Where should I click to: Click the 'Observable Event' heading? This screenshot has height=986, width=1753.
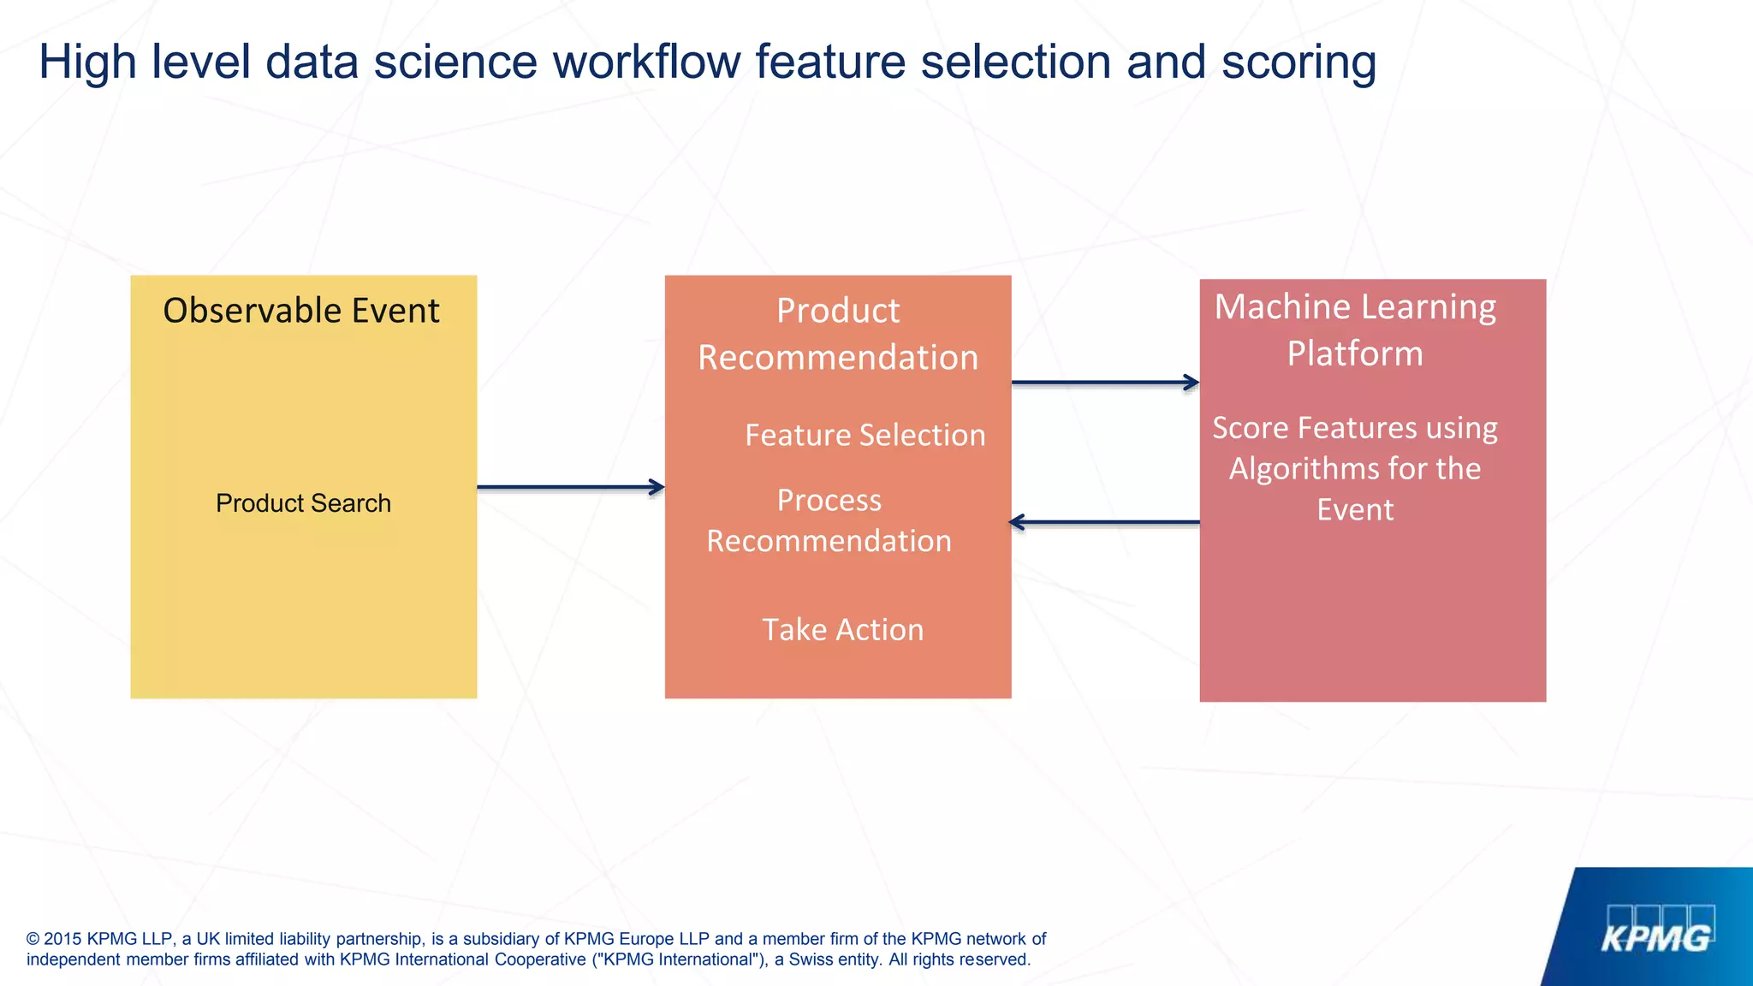tap(301, 311)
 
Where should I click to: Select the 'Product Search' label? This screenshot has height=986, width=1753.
tap(303, 503)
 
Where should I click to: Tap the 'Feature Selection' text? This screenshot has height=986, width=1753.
tap(865, 436)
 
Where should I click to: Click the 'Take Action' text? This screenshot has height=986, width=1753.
tap(843, 630)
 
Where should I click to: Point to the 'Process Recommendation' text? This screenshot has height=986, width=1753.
tap(829, 520)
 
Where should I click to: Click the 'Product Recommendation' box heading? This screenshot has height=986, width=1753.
tap(838, 334)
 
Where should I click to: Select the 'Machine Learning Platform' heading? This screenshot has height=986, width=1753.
tap(1355, 330)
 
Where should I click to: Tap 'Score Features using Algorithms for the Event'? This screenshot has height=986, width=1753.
tap(1355, 468)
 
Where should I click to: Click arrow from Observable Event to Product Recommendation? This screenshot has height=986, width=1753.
tap(570, 487)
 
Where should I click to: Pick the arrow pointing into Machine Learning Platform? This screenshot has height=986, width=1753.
tap(1104, 383)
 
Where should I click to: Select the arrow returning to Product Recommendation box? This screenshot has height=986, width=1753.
tap(1104, 522)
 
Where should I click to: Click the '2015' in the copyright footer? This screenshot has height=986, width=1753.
tap(62, 939)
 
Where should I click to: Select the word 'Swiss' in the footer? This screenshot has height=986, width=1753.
tap(810, 959)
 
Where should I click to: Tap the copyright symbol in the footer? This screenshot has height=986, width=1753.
tap(33, 939)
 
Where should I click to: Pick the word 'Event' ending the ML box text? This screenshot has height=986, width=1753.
tap(1355, 510)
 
